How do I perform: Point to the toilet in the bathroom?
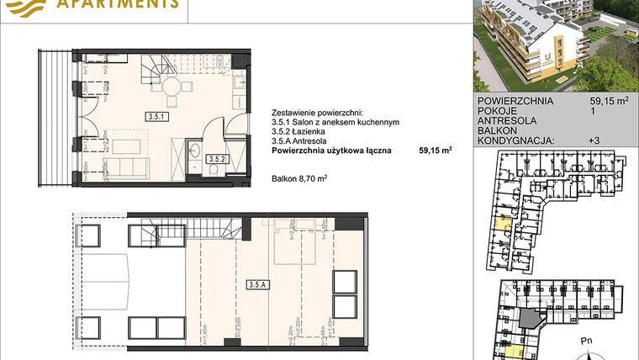point(217,170)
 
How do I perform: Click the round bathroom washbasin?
point(193,152)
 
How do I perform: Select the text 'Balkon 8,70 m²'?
point(299,177)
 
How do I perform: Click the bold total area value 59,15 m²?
point(436,151)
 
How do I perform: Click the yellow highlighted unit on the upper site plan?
point(503,223)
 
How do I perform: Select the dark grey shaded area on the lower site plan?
point(530,318)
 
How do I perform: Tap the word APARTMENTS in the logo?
point(118,4)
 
